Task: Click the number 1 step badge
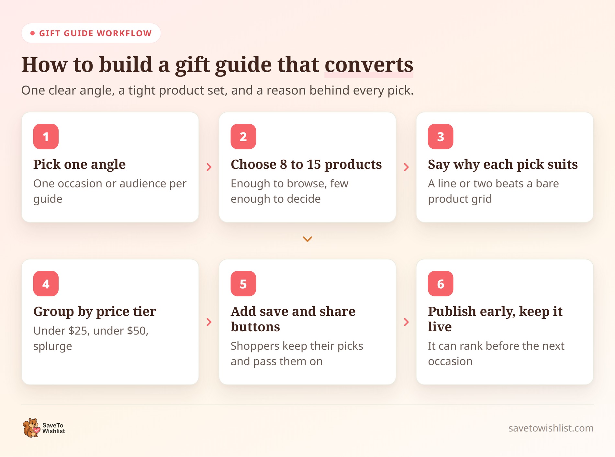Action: pos(46,137)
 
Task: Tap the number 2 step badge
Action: pos(243,137)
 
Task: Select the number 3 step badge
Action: pos(441,137)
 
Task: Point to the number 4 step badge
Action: pos(46,284)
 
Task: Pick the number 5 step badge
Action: pos(243,284)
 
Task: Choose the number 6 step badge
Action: pos(441,284)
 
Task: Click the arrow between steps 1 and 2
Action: pos(209,167)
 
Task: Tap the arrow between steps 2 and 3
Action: pos(406,167)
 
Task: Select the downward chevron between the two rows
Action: pos(307,239)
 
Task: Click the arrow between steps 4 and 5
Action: pos(209,322)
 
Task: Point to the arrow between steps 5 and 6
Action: pos(406,322)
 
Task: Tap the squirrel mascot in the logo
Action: pos(31,428)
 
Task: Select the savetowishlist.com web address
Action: pos(551,428)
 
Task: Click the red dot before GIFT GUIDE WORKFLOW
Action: pos(32,33)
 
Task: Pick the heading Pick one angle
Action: pos(80,165)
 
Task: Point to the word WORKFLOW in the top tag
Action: pos(124,33)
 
